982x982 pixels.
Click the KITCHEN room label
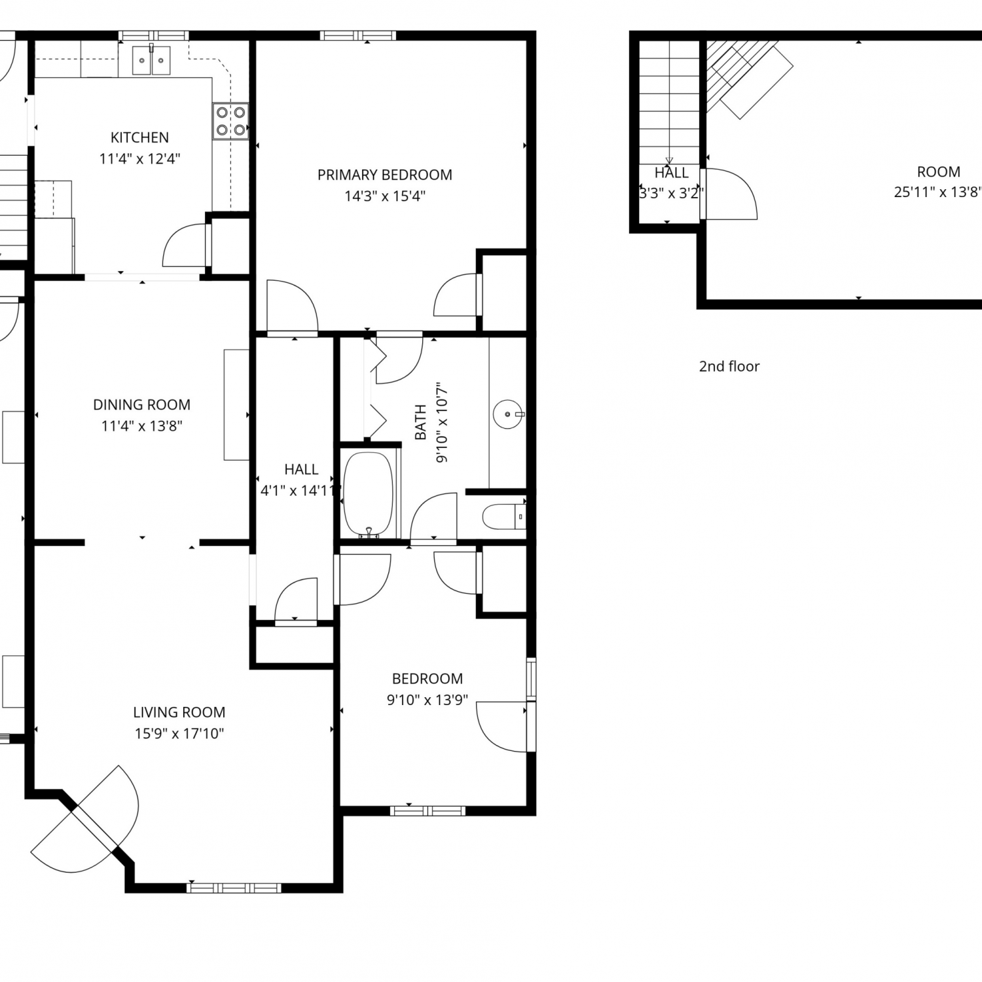tap(139, 137)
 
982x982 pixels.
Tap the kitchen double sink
tap(151, 60)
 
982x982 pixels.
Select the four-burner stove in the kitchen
tap(231, 121)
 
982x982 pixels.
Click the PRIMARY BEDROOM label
tap(385, 175)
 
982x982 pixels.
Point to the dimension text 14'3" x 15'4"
tap(385, 196)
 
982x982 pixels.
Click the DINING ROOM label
tap(141, 405)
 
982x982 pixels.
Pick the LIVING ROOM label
tap(179, 712)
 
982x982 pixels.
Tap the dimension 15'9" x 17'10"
tap(179, 733)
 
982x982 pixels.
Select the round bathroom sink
tap(509, 414)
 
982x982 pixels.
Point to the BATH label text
tap(420, 422)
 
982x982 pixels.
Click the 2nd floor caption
tap(729, 366)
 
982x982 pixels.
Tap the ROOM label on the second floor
tap(939, 172)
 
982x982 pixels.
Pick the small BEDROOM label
tap(427, 679)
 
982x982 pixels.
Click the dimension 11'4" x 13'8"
tap(141, 426)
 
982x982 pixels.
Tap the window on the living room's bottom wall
tap(234, 888)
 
